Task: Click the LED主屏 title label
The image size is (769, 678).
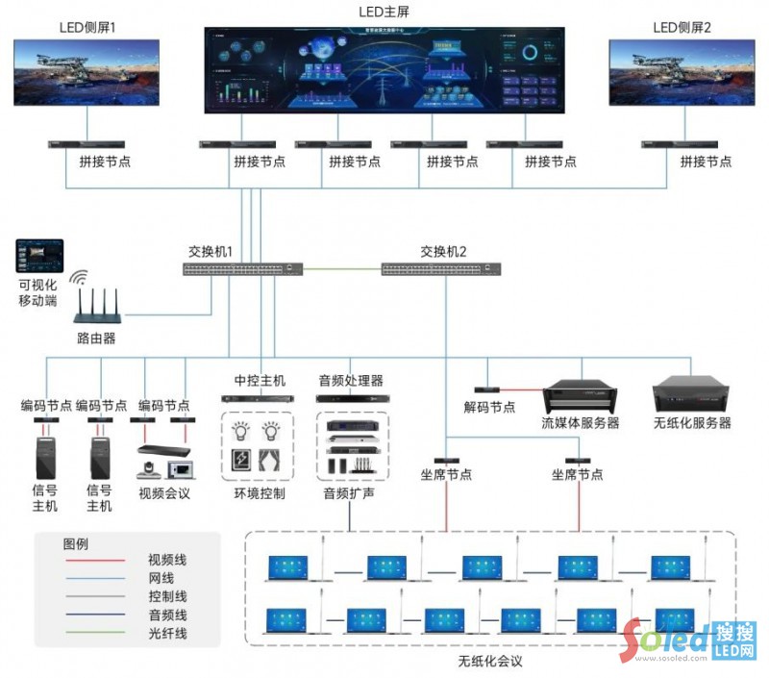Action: pos(384,12)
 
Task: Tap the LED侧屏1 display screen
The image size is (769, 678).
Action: pos(87,72)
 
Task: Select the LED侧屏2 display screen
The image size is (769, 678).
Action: pos(682,72)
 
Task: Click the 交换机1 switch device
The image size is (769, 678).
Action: pos(243,269)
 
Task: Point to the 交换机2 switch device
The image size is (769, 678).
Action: pos(442,269)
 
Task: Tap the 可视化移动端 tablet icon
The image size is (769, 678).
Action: pos(39,257)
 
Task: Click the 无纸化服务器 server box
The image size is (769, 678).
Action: pos(692,395)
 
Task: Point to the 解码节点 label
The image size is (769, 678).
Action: pos(489,408)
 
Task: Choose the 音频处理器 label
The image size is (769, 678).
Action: pos(351,380)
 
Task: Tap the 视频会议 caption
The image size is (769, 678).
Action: pos(165,493)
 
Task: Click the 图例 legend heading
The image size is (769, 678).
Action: pos(76,542)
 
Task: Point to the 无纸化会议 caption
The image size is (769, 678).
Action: pos(490,661)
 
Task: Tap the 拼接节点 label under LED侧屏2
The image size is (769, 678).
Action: pos(707,162)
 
